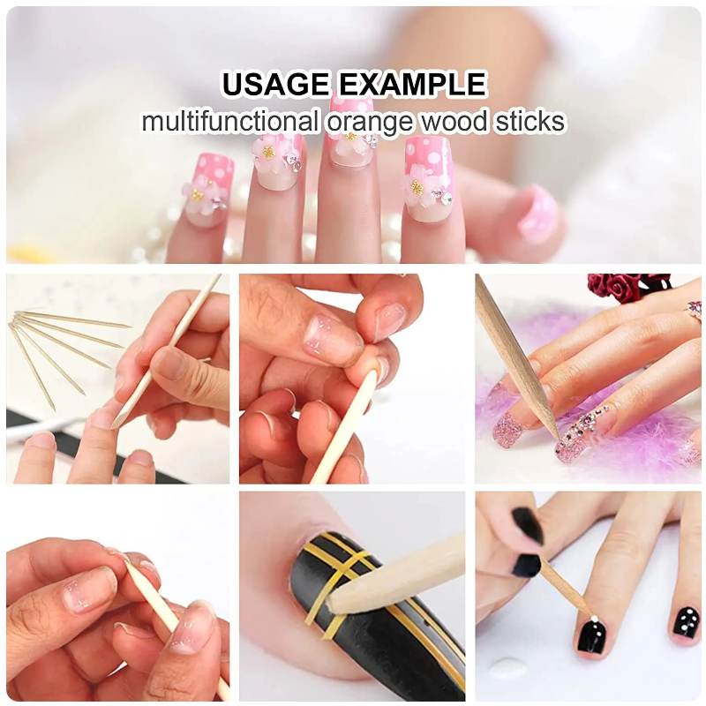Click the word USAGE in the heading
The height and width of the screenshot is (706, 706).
point(275,84)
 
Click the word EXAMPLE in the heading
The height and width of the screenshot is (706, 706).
point(413,84)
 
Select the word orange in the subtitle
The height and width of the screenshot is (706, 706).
point(369,123)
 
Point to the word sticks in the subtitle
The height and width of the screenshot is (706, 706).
point(530,122)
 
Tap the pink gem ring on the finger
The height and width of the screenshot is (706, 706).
point(695,311)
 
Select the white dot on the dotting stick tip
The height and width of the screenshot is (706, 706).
point(594,619)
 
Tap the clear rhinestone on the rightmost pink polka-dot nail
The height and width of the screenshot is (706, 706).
point(446,197)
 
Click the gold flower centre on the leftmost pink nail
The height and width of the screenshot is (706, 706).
point(197,195)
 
